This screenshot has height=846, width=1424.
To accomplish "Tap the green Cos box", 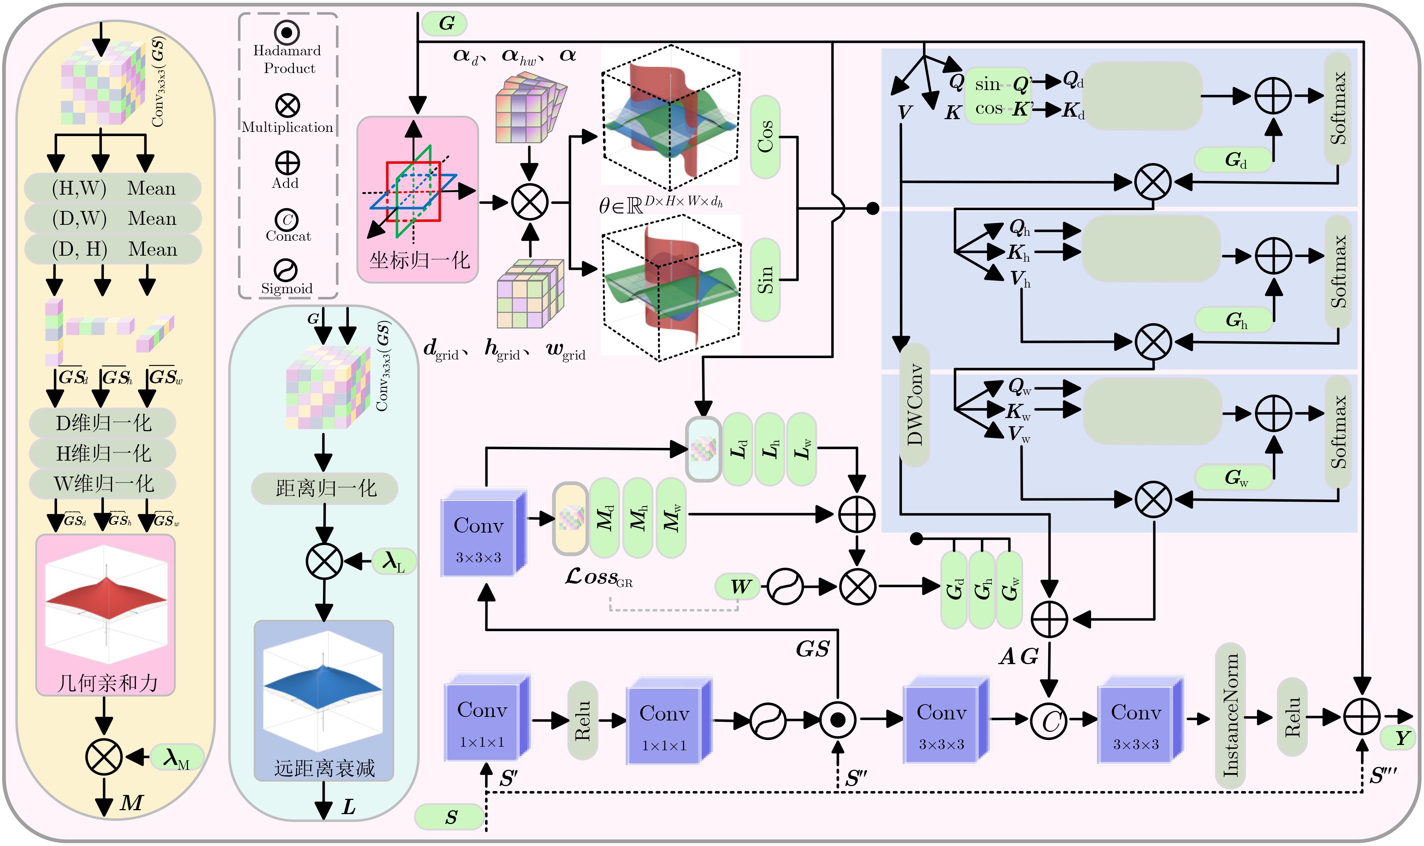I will pos(765,137).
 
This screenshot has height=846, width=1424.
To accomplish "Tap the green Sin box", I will pos(765,279).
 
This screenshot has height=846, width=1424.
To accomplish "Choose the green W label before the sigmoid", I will pos(739,586).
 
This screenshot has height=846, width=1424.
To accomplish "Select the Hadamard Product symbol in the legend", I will pos(287,33).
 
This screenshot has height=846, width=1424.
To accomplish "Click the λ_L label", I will pos(393,562).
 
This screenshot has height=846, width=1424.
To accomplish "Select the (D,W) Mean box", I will pos(113,218).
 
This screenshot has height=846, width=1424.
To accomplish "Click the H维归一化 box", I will pos(102,453).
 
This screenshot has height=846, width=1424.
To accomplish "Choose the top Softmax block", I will pos(1337,108).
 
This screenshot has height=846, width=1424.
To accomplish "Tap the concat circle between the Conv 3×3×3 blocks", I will pos(1049,720).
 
